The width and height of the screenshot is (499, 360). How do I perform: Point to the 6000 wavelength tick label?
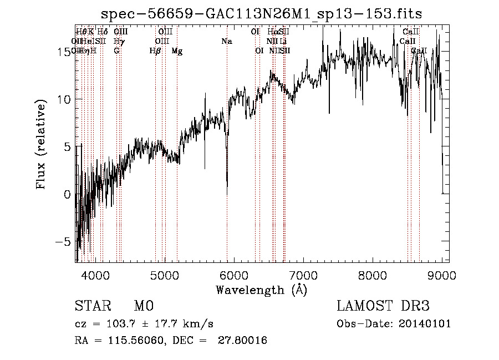(234, 275)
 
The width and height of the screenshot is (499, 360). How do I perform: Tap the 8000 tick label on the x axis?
(373, 275)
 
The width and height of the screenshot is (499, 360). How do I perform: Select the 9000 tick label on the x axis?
(442, 275)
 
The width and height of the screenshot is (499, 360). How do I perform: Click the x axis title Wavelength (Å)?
(261, 290)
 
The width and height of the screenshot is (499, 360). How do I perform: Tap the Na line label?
(226, 42)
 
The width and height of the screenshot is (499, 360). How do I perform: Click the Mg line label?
(177, 51)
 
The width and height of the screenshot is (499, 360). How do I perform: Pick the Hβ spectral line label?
(155, 51)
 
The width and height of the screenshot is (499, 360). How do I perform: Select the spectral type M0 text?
(143, 306)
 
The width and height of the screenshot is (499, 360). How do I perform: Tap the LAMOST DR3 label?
(383, 306)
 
